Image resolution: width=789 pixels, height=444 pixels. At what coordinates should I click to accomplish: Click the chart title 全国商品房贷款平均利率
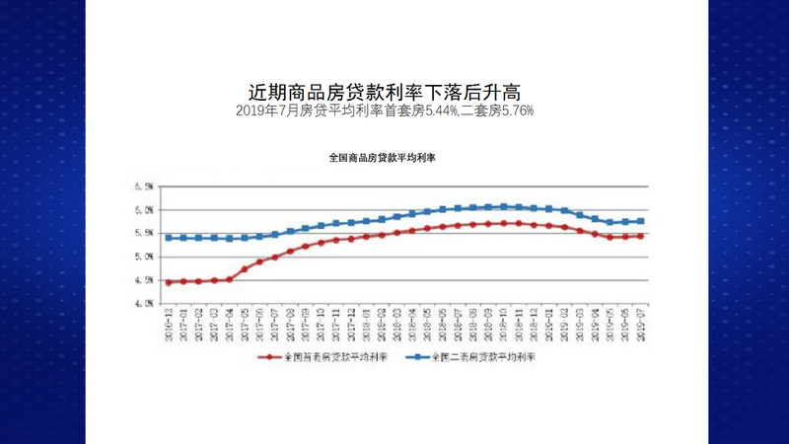pos(383,158)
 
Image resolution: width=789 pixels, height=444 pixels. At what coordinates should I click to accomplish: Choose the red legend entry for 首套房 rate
pos(322,356)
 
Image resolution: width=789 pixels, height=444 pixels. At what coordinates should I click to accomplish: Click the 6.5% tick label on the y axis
pos(144,186)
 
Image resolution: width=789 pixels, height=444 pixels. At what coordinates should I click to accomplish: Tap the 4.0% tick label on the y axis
pos(144,303)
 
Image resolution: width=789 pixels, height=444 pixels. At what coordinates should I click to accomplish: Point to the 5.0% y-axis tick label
pos(144,257)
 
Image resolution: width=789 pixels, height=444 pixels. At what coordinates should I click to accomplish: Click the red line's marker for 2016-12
pos(169,282)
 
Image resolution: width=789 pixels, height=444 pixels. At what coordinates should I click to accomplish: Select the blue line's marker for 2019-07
pos(641,221)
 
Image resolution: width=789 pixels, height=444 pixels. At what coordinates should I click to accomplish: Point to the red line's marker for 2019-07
pos(641,236)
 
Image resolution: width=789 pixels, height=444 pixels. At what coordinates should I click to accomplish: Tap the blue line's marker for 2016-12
pos(169,238)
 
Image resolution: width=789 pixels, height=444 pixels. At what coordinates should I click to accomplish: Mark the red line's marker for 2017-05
pos(245,268)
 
